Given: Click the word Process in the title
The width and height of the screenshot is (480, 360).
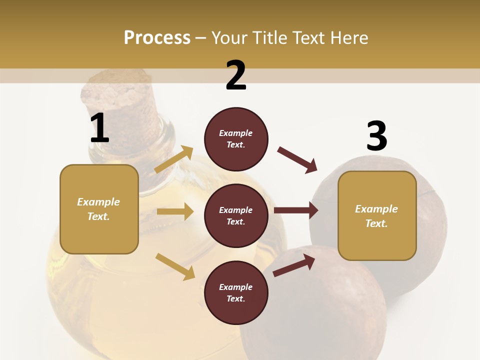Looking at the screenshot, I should tap(157, 38).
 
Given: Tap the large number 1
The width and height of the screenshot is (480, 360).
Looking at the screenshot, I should tap(99, 128).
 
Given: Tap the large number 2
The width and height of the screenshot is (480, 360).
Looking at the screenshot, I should tap(236, 75).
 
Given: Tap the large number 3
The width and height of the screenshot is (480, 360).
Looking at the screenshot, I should tap(376, 136).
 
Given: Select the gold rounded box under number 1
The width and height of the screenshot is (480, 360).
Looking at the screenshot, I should tap(99, 209).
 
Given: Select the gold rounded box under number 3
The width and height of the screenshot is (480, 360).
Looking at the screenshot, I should tap(377, 215).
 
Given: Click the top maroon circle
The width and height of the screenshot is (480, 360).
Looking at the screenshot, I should tap(236, 139).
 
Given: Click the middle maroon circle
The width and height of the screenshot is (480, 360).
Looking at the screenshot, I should tap(236, 215).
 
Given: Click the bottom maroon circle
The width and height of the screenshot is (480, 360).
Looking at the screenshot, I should tap(236, 292).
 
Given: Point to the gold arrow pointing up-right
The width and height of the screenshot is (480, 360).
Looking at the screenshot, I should tap(174, 159).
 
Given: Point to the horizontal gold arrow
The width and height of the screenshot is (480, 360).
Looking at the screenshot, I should tap(175, 211).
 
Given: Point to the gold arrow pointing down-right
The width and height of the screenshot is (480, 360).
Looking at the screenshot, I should tap(175, 266).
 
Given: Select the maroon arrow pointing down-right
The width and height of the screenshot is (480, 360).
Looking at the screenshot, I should tap(297, 160).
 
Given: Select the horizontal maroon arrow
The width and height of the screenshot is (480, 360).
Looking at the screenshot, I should tap(296, 210).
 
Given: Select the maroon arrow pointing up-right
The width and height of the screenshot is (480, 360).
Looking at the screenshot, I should tap(294, 265).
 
